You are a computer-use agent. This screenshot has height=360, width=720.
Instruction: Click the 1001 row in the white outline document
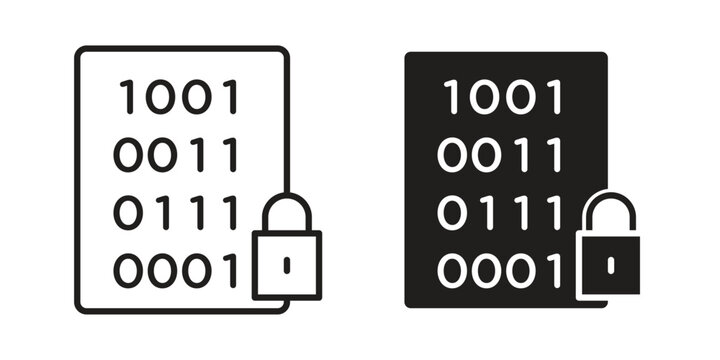(x=180, y=98)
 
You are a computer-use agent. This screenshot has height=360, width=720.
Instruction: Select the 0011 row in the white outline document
(x=177, y=155)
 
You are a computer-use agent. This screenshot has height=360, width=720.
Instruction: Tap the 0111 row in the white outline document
(x=177, y=212)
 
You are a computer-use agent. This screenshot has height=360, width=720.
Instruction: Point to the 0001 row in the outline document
(x=177, y=270)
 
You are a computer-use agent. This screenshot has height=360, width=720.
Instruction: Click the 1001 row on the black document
(x=503, y=98)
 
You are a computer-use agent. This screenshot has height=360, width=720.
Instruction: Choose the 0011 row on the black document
(x=500, y=155)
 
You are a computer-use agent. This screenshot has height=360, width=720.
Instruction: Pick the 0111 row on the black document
(x=500, y=212)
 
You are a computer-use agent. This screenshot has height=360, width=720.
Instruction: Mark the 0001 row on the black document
(x=500, y=270)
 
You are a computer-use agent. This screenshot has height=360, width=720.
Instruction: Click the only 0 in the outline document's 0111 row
(x=129, y=212)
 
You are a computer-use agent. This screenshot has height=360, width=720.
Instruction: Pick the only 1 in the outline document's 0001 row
(x=231, y=270)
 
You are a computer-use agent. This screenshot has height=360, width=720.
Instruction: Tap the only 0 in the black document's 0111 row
(x=453, y=212)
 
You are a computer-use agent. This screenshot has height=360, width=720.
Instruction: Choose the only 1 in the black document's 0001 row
(x=553, y=270)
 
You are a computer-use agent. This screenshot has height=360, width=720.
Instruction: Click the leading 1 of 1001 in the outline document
(x=127, y=98)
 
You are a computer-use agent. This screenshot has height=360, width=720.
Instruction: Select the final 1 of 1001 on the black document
(x=553, y=98)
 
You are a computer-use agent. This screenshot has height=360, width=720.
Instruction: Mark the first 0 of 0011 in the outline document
(x=129, y=155)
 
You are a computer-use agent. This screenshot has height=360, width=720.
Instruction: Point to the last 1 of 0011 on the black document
(x=553, y=155)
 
